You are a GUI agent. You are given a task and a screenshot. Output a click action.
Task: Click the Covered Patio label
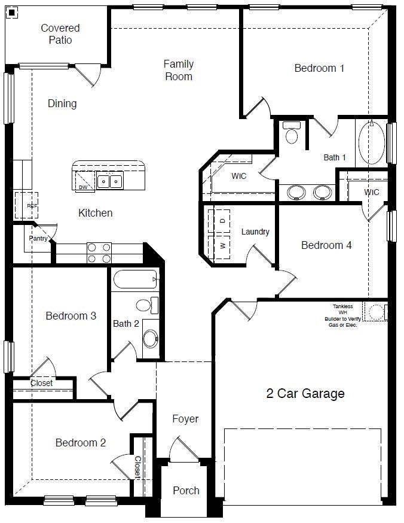click(60, 34)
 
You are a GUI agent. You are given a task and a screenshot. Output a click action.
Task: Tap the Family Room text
click(178, 70)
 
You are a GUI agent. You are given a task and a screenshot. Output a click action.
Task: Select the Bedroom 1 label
click(319, 68)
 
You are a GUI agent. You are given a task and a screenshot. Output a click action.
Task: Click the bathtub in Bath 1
click(371, 143)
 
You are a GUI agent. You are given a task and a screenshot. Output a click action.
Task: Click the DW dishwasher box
click(83, 181)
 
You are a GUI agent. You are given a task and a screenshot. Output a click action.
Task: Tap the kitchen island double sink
click(110, 181)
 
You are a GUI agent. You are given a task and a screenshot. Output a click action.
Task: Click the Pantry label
click(38, 238)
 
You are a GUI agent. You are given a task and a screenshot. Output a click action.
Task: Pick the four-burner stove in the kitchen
click(99, 252)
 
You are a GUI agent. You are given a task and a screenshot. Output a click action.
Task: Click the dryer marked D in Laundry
click(222, 220)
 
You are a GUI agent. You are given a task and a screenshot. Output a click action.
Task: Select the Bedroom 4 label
click(326, 245)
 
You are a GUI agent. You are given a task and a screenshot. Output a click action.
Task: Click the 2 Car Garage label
click(305, 394)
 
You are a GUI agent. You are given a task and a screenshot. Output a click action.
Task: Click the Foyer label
click(185, 419)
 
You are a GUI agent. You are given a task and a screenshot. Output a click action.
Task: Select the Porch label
click(186, 491)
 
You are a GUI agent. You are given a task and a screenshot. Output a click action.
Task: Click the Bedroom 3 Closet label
click(41, 383)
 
